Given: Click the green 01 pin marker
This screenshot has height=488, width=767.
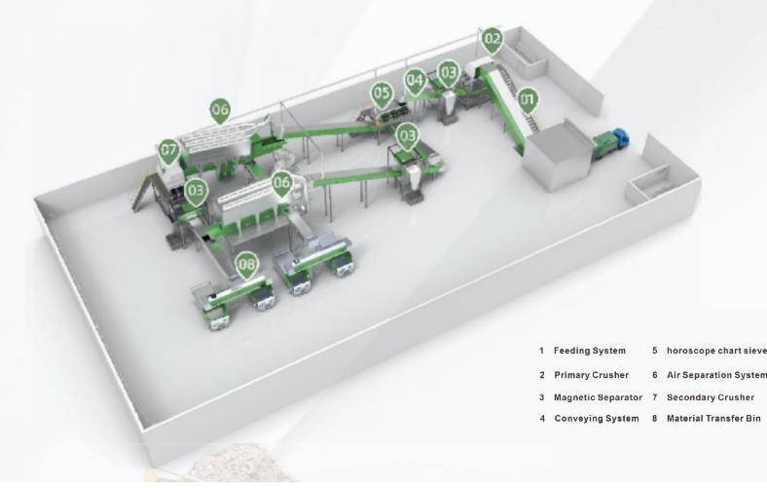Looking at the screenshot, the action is (x=528, y=101).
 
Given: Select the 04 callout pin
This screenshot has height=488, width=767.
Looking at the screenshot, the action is (x=416, y=81).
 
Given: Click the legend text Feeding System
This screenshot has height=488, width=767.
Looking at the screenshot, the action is (x=590, y=351).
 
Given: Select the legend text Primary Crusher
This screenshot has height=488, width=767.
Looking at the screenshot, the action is (x=592, y=375).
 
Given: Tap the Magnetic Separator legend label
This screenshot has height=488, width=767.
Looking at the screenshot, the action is (x=598, y=397).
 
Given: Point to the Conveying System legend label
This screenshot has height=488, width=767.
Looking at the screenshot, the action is (x=597, y=419).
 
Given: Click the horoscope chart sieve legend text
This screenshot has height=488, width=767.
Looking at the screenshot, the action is (x=716, y=351).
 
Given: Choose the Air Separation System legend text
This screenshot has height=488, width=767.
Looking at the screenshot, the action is (x=716, y=375).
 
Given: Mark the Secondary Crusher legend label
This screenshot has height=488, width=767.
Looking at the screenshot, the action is (x=711, y=397).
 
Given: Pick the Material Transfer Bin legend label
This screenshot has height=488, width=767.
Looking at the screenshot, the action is (x=713, y=419).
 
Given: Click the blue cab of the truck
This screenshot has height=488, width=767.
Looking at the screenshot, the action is (x=621, y=137).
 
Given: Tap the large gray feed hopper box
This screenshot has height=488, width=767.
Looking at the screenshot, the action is (x=559, y=153).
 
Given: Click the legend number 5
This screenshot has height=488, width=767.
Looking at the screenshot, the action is (x=655, y=351).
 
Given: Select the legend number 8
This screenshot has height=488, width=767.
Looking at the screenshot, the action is (x=655, y=419).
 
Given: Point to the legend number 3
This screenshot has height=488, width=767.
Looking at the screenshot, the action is (x=542, y=397).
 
